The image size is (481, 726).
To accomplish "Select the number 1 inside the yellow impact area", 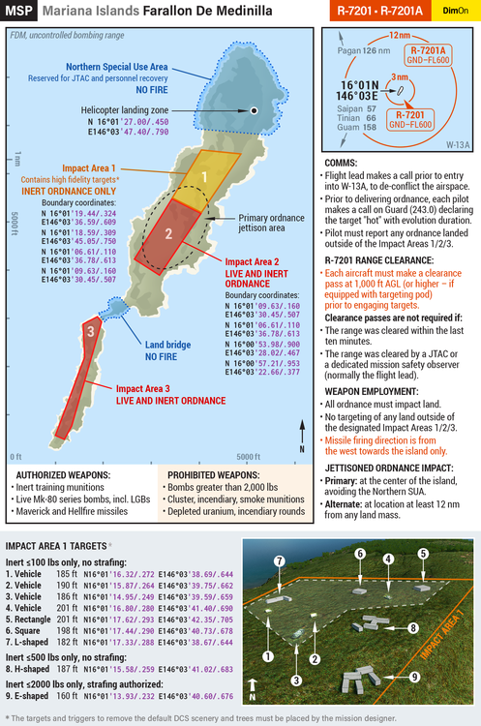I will click(x=205, y=176).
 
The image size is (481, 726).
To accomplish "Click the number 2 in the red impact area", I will click(x=168, y=233).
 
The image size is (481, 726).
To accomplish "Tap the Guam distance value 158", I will click(x=370, y=128).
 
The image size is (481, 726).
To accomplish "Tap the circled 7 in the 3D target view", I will click(x=278, y=562).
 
